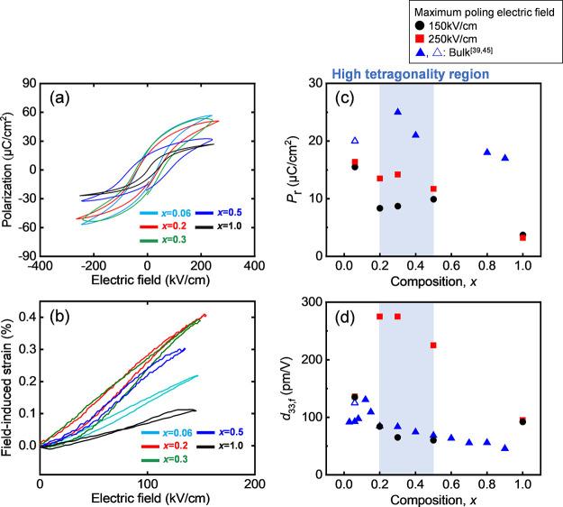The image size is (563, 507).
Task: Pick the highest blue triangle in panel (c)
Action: point(397,112)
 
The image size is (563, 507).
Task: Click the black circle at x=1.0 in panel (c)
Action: point(522,235)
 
